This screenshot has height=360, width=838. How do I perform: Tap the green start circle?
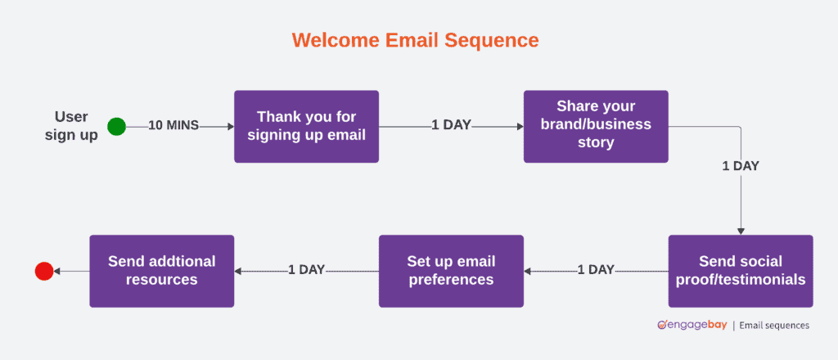pyautogui.click(x=117, y=127)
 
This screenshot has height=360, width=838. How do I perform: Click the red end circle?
pyautogui.click(x=44, y=271)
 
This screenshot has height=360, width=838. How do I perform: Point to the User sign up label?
pyautogui.click(x=71, y=126)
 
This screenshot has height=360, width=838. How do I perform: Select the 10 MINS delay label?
pyautogui.click(x=173, y=127)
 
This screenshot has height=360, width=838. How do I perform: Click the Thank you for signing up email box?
pyautogui.click(x=306, y=127)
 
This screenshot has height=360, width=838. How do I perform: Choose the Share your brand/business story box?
pyautogui.click(x=596, y=126)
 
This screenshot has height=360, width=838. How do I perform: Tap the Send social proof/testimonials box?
pyautogui.click(x=741, y=271)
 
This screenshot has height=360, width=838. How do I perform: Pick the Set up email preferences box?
pyautogui.click(x=451, y=271)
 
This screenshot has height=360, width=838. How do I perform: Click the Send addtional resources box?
pyautogui.click(x=161, y=271)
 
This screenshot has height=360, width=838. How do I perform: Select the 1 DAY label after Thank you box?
pyautogui.click(x=451, y=127)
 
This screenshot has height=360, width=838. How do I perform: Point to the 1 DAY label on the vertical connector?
pyautogui.click(x=741, y=165)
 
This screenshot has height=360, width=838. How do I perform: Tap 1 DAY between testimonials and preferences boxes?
pyautogui.click(x=596, y=270)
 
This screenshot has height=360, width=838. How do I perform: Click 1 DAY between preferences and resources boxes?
pyautogui.click(x=306, y=270)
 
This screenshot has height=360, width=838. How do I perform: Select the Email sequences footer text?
pyautogui.click(x=774, y=325)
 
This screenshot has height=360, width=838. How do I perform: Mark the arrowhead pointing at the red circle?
pyautogui.click(x=58, y=271)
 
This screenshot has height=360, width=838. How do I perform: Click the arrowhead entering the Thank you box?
pyautogui.click(x=230, y=127)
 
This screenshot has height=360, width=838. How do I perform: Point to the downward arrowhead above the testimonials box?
pyautogui.click(x=741, y=232)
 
